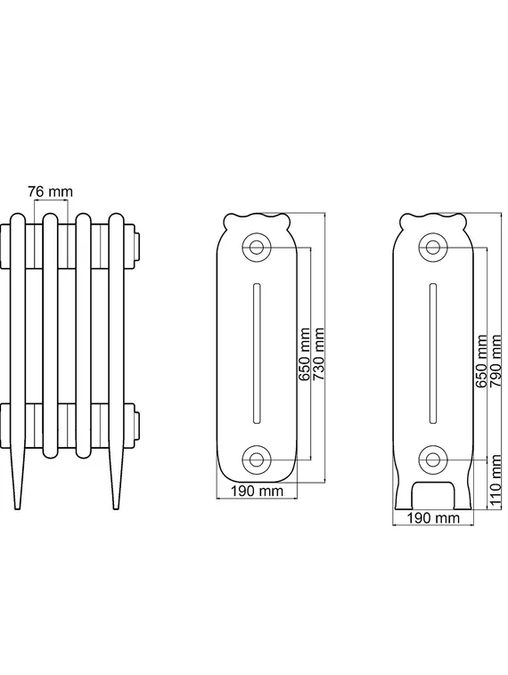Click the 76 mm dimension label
(x=51, y=191)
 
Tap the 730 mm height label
(x=318, y=354)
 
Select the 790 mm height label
(x=496, y=361)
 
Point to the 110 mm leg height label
(x=496, y=480)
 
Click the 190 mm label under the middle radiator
(x=257, y=491)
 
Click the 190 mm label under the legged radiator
(x=433, y=517)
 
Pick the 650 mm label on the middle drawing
(x=305, y=354)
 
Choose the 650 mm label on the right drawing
(x=482, y=361)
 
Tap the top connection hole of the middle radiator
(x=257, y=247)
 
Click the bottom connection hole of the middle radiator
(x=257, y=459)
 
